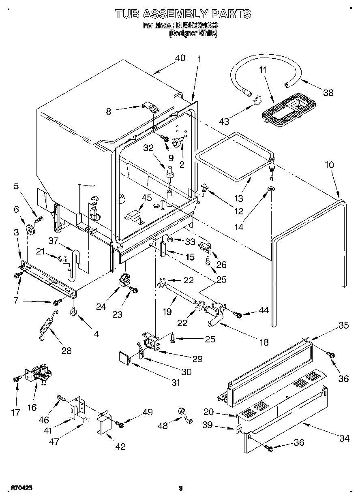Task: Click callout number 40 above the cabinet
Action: coord(180,58)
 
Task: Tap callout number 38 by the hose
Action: coord(328,92)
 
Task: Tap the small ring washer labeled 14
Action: coord(270,189)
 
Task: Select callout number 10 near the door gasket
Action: coord(329,165)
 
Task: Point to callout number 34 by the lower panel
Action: coord(344,438)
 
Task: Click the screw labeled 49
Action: coord(120,424)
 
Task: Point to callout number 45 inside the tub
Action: coord(146,198)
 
